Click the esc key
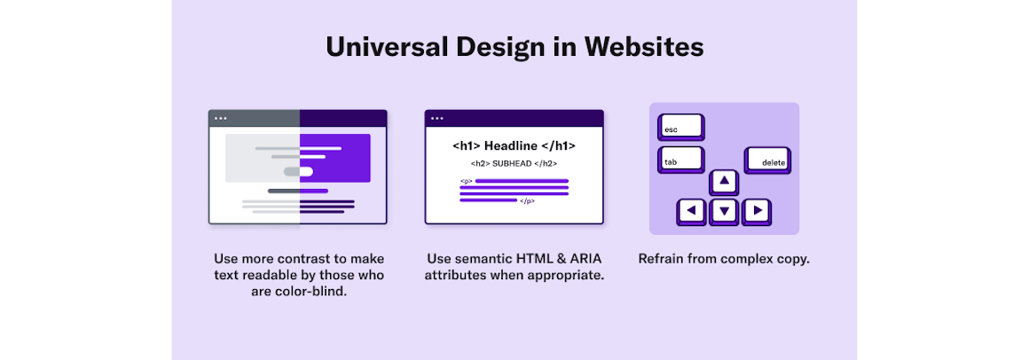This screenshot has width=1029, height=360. (x=681, y=127)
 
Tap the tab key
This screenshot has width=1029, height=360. (x=681, y=160)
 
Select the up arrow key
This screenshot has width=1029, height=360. (x=724, y=183)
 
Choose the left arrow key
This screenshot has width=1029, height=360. (x=691, y=212)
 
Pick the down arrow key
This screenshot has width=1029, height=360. (x=724, y=212)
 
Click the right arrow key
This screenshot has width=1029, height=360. (x=757, y=212)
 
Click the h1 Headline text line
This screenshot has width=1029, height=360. (x=514, y=146)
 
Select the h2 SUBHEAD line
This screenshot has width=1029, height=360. (x=514, y=164)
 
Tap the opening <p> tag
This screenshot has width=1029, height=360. (x=466, y=181)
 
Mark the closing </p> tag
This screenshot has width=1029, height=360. (x=527, y=201)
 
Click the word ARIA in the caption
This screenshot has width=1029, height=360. (x=584, y=258)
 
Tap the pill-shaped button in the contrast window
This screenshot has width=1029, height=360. (x=298, y=171)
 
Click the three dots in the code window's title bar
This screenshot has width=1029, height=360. (x=437, y=119)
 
